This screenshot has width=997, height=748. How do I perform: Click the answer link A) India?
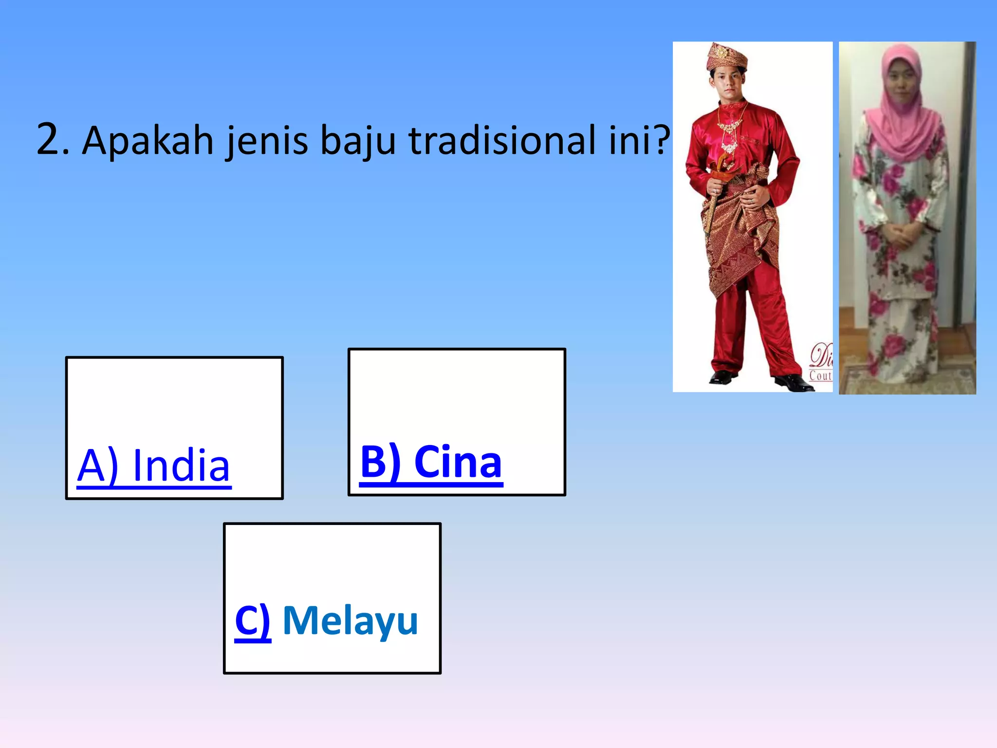[x=154, y=466]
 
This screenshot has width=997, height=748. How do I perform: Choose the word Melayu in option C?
[x=351, y=620]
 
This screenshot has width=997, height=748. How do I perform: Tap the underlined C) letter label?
[x=252, y=620]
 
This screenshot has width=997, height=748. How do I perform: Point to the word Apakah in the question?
[x=148, y=141]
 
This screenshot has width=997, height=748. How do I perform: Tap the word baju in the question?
[x=358, y=142]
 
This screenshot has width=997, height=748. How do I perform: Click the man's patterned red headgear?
[x=727, y=56]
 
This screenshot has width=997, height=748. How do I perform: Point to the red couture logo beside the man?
[x=821, y=363]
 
